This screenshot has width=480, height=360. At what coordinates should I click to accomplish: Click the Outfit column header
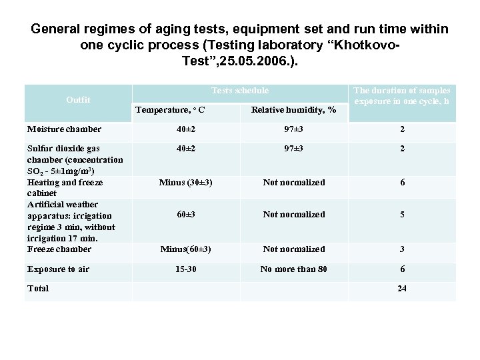(78, 100)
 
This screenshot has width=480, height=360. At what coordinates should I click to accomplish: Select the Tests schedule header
(240, 91)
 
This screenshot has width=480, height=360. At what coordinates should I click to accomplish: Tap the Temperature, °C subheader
(170, 109)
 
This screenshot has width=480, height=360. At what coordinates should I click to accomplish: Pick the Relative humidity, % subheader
(294, 109)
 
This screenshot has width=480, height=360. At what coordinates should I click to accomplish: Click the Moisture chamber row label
(64, 129)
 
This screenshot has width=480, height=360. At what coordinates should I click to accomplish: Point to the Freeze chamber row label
(59, 249)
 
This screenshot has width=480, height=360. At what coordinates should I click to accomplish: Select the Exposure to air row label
(59, 269)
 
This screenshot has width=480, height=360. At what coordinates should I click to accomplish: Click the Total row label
(37, 289)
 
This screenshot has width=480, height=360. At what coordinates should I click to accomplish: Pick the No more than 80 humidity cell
(294, 269)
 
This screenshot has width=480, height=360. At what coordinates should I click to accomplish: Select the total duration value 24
(402, 289)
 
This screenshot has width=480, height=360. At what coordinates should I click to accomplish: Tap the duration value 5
(402, 214)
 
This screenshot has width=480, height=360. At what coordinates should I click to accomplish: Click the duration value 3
(402, 249)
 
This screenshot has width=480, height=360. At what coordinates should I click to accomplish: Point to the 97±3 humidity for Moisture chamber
(294, 129)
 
